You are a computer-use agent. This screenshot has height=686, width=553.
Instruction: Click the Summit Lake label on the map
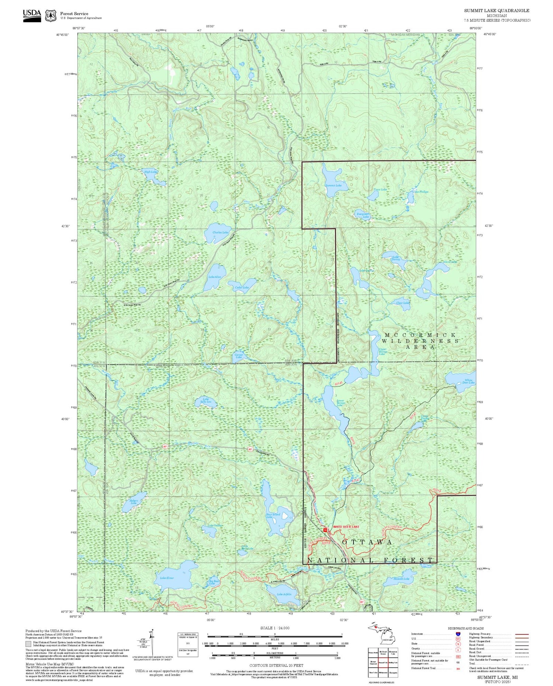click(x=333, y=185)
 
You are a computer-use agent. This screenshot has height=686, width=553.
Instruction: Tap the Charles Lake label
click(x=221, y=232)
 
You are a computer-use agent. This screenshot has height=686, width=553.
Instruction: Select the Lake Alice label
click(x=215, y=277)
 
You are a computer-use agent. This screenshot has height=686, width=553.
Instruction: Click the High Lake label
click(x=150, y=172)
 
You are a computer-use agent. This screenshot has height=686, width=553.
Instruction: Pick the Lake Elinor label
click(x=167, y=578)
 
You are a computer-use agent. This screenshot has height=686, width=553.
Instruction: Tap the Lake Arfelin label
click(x=284, y=594)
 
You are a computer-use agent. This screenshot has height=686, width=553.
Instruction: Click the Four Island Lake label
click(x=273, y=515)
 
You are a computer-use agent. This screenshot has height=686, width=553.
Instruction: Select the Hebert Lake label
click(x=133, y=501)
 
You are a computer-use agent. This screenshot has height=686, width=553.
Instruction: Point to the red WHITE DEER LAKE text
click(x=346, y=526)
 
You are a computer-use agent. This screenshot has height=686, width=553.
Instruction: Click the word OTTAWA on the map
click(x=367, y=542)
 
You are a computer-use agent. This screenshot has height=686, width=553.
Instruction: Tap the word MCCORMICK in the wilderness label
click(x=420, y=335)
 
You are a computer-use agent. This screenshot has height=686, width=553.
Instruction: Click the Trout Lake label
click(x=380, y=189)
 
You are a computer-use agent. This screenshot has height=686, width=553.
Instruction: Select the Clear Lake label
click(x=403, y=303)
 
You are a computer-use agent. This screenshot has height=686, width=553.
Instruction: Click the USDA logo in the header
click(x=32, y=15)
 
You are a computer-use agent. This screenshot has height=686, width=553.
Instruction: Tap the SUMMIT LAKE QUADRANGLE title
click(x=496, y=11)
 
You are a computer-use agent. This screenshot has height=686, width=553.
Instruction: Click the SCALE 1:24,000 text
click(x=275, y=628)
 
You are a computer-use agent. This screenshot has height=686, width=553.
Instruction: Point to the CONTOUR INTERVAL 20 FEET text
click(x=276, y=665)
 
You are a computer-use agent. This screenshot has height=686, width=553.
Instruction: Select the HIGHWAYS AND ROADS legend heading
click(x=466, y=628)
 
